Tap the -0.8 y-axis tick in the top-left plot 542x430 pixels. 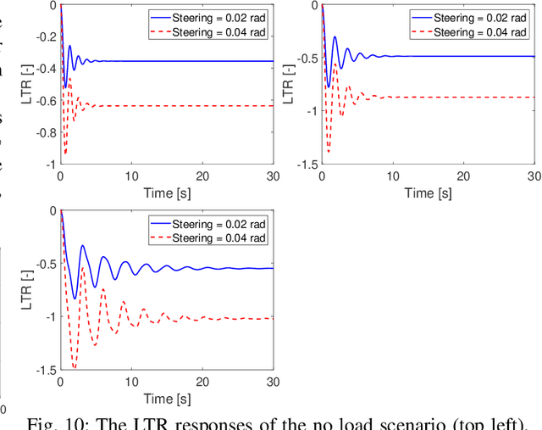[45, 132]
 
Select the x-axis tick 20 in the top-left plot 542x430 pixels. [202, 176]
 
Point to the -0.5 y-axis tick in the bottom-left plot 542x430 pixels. [45, 264]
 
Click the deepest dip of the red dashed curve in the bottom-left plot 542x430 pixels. [74, 367]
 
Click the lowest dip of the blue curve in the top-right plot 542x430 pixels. [328, 87]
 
